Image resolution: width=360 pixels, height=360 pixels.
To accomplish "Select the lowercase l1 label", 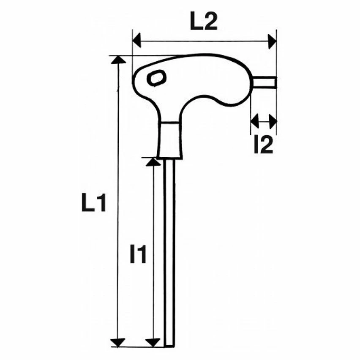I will (138, 254).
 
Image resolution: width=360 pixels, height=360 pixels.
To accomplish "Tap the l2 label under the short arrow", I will (263, 145).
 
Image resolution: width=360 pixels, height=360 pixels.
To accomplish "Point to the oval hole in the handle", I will (157, 78).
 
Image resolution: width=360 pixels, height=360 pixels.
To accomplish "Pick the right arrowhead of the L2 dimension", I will (273, 41).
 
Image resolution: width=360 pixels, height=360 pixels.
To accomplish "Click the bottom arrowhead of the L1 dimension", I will (118, 342).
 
